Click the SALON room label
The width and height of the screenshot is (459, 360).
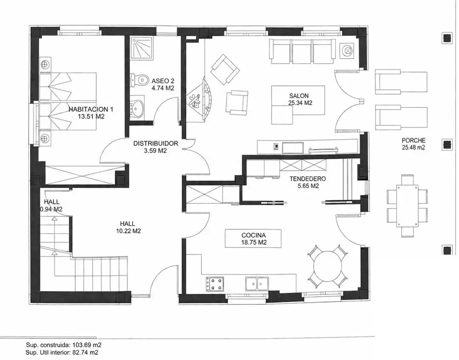(x=299, y=96)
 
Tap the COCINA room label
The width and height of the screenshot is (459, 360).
(x=253, y=235)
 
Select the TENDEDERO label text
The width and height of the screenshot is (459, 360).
(x=307, y=179)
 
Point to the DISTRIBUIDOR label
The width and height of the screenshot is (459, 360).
(x=156, y=143)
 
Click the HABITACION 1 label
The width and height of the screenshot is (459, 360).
(x=91, y=110)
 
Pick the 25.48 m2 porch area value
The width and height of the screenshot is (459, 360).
(x=414, y=148)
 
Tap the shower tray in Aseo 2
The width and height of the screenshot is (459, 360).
(x=142, y=48)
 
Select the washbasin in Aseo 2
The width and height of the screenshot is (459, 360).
(x=137, y=107)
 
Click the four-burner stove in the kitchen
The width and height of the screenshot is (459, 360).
(x=215, y=284)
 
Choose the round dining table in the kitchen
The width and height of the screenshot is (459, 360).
(x=328, y=266)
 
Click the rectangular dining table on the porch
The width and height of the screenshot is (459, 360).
(x=407, y=206)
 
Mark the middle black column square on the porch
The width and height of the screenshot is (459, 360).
(x=447, y=145)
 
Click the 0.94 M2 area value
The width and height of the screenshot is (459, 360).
(x=51, y=209)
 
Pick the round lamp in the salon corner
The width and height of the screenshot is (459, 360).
(x=348, y=51)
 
